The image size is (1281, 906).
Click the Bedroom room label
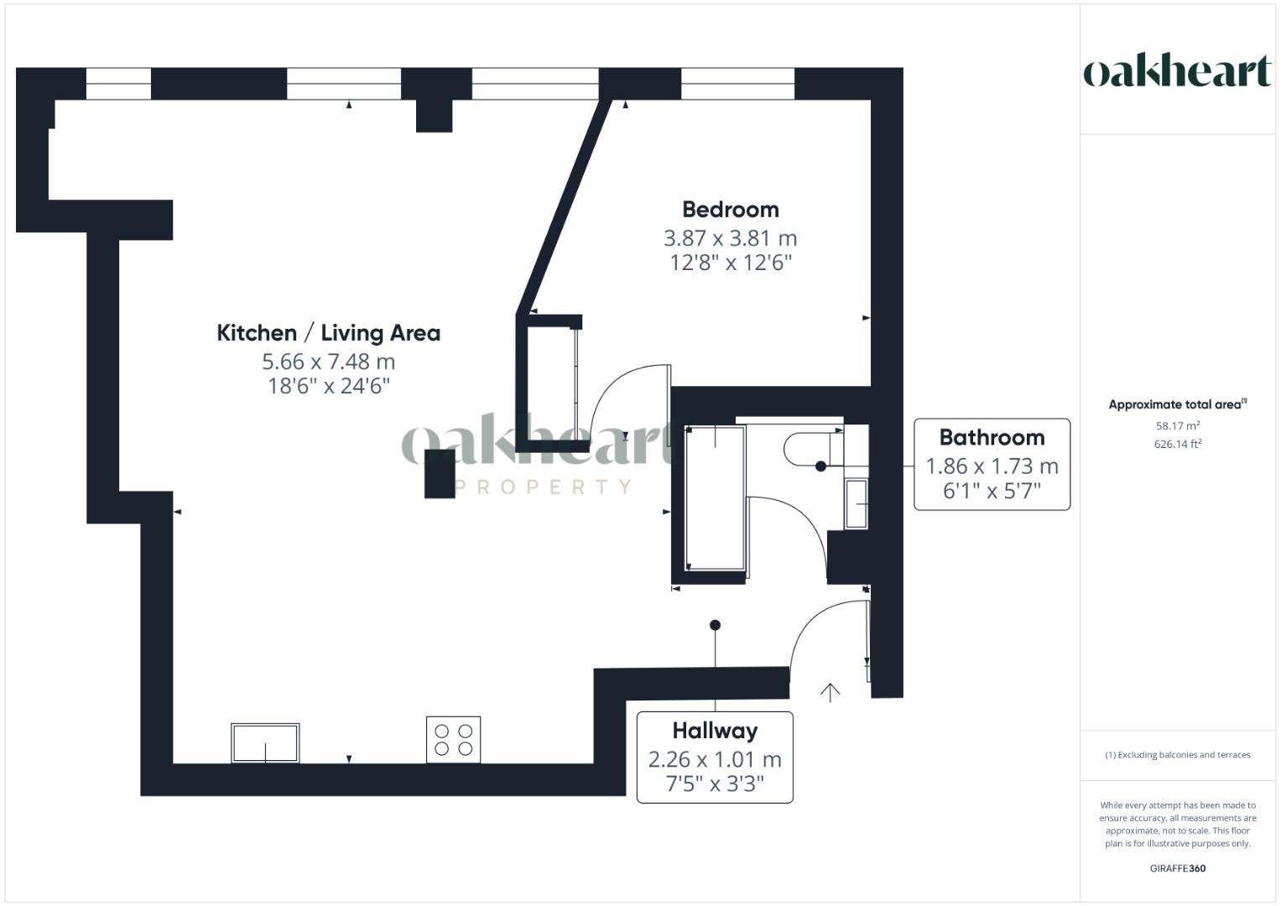730,210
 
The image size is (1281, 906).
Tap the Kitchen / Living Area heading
328,333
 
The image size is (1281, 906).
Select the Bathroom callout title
992,438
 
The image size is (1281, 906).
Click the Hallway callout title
715,732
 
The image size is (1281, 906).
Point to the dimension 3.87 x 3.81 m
730,238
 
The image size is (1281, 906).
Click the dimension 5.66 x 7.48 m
328,362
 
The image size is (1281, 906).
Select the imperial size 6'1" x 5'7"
992,491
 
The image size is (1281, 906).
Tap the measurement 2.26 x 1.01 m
715,760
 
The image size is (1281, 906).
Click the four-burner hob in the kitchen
453,739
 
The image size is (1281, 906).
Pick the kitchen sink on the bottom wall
265,742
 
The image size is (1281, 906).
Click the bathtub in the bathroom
715,499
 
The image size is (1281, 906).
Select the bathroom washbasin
856,503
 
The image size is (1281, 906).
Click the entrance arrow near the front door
830,692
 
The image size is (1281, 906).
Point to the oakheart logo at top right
1177,71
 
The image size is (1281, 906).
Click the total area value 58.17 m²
1177,426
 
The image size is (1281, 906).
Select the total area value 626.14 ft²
1177,445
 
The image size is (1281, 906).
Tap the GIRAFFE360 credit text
1177,868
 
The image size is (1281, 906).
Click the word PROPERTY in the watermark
543,487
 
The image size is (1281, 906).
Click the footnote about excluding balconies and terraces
1177,755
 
